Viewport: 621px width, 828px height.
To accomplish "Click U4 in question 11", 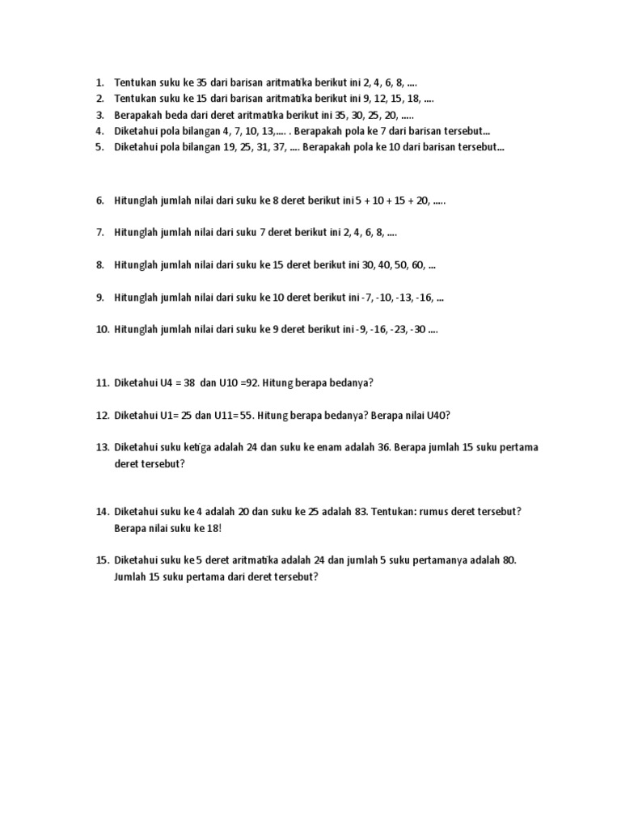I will click(172, 383).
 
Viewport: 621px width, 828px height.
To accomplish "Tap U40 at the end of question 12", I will click(438, 416).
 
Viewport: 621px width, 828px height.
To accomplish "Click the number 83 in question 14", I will click(355, 513).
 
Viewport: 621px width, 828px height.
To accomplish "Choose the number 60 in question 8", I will click(419, 265).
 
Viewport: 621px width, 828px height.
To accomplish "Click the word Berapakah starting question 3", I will click(139, 115).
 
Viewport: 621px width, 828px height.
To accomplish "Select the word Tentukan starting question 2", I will click(136, 99).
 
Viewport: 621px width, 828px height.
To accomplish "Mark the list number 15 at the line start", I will click(102, 560).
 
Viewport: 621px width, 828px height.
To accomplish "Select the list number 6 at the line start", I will click(100, 201).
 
